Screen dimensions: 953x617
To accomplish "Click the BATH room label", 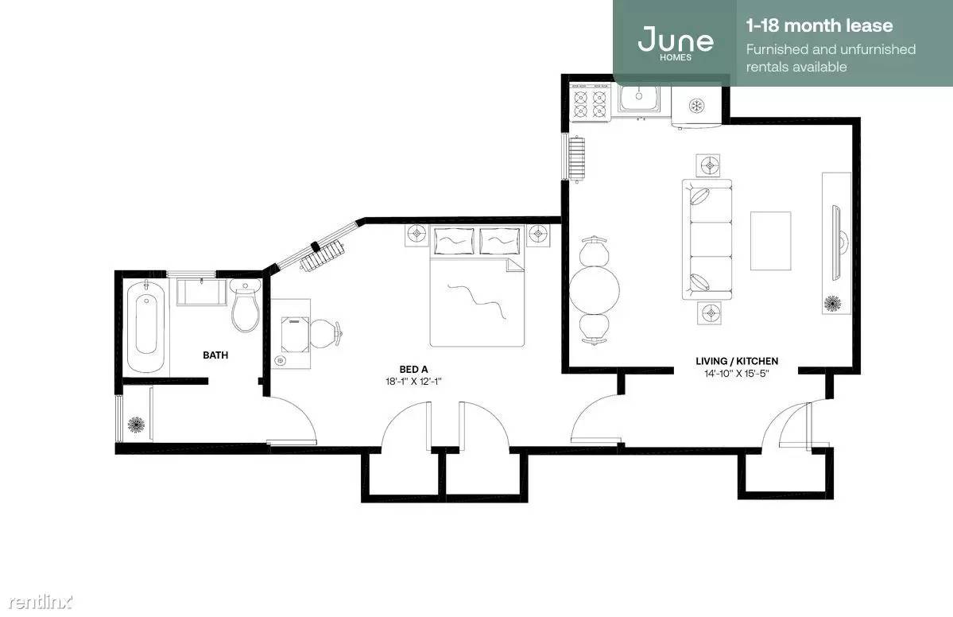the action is point(215,355).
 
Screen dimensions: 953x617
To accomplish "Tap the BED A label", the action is point(413,369).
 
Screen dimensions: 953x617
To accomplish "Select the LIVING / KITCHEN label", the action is point(737,361).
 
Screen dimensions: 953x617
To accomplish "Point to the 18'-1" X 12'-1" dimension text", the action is point(413,382).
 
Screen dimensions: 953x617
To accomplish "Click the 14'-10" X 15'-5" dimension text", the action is point(737,373).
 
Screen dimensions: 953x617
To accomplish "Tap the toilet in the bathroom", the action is point(246,306).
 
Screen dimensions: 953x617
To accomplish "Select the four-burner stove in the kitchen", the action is point(590,103).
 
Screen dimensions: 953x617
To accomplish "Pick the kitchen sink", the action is point(639,99).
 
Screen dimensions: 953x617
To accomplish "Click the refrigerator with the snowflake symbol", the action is point(696,107).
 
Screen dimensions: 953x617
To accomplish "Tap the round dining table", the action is point(595,289).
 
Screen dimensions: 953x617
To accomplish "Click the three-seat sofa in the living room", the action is point(707,239).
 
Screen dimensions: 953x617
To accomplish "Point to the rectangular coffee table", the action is point(771,241).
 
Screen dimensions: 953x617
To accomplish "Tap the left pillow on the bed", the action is point(454,241).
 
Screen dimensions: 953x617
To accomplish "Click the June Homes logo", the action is point(676,43).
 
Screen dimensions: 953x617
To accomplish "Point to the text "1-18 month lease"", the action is point(819,25).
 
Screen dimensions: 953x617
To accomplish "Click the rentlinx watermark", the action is point(40,602).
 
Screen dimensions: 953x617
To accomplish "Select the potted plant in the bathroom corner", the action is point(136,425).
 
